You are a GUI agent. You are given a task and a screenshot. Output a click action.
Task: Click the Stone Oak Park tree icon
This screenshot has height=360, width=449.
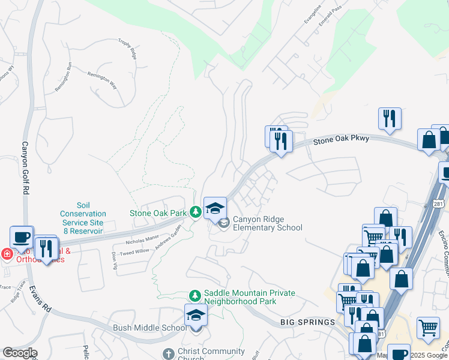[195, 212]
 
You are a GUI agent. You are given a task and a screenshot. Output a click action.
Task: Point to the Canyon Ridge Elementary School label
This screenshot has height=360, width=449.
[267, 223]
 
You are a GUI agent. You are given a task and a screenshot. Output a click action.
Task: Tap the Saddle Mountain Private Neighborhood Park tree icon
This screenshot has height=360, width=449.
[195, 295]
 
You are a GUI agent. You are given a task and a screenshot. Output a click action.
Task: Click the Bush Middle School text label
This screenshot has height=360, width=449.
[150, 328]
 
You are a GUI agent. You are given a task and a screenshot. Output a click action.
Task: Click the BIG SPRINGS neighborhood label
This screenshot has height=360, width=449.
[307, 322]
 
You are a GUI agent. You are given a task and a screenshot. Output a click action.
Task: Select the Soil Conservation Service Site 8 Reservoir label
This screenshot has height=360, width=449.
[83, 218]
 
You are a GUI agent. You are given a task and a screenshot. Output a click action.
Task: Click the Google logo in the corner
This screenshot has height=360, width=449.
[20, 353]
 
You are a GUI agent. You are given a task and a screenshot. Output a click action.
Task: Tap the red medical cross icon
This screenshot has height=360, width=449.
[6, 254]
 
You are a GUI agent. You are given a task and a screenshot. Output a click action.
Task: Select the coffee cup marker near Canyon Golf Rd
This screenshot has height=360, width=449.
[22, 236]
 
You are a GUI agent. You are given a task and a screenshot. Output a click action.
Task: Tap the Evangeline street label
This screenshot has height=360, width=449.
[312, 13]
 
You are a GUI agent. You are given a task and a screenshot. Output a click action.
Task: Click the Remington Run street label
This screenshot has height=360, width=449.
[63, 77]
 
